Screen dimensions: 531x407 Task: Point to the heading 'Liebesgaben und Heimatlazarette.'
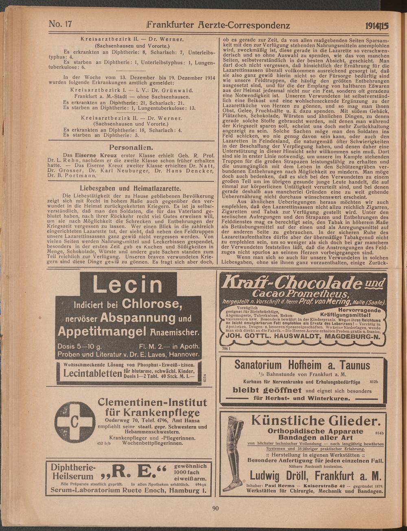pos(130,188)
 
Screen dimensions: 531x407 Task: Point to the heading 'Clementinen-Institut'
pos(153,403)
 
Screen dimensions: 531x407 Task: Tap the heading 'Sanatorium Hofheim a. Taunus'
pos(302,364)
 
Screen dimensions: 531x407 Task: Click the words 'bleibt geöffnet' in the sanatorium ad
pos(267,390)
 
